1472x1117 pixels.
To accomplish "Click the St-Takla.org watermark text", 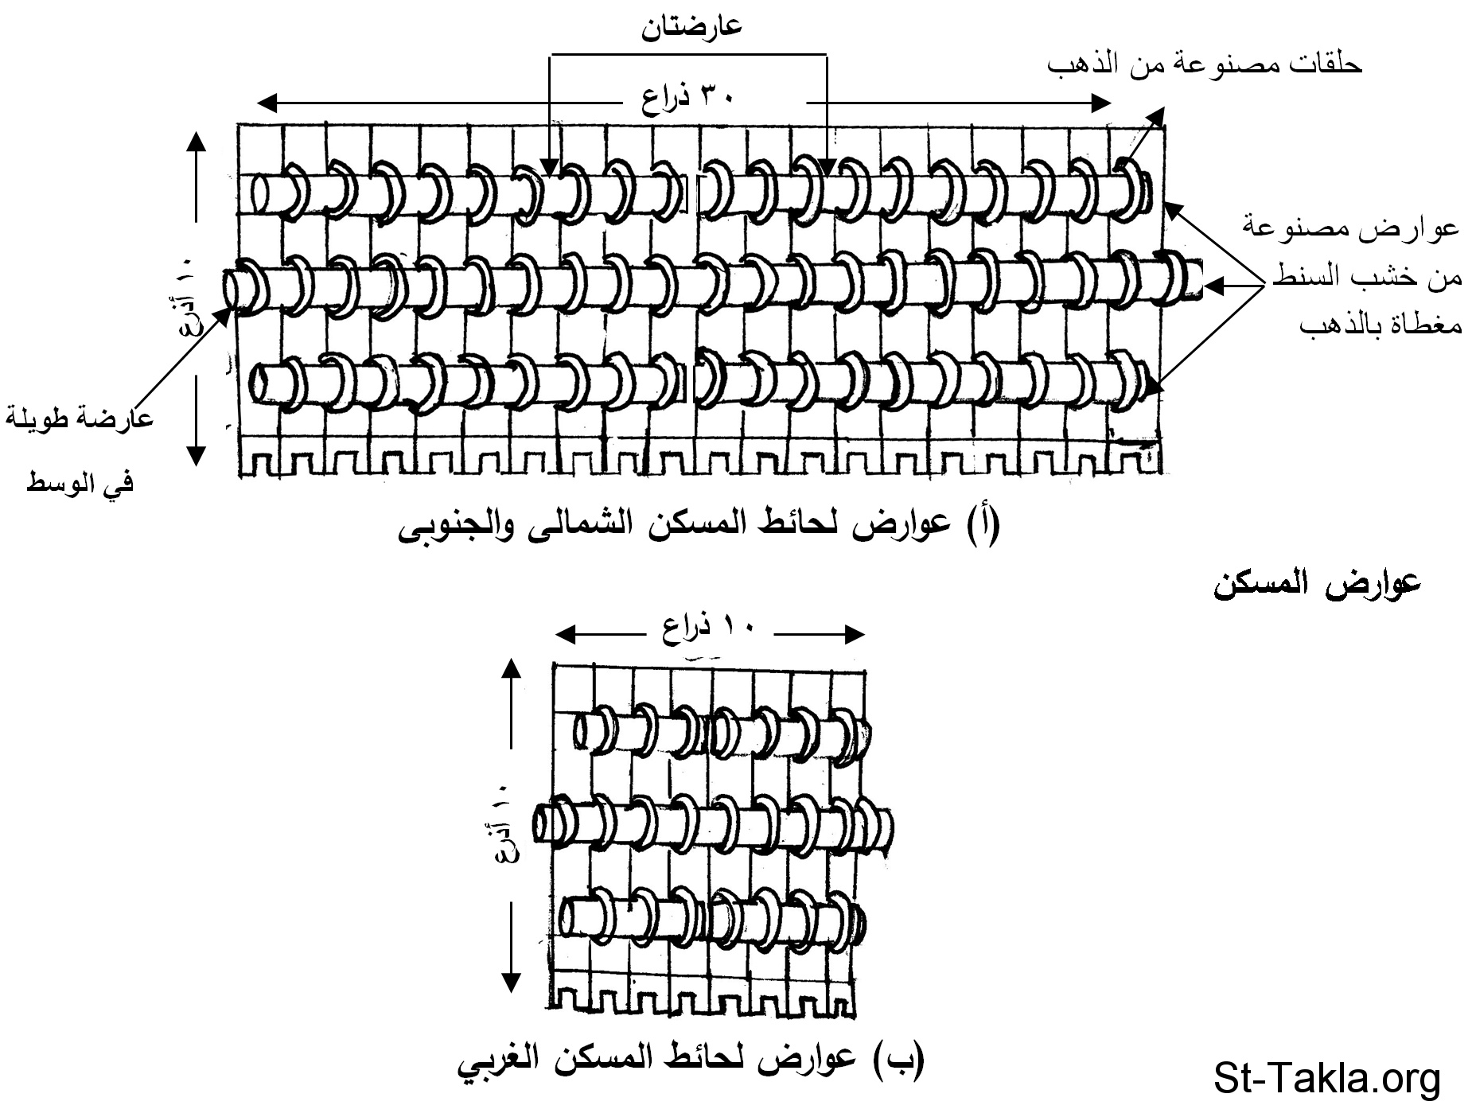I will pos(1326,1079).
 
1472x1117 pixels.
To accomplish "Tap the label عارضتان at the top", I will pos(691,25).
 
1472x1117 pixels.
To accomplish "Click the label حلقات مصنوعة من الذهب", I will pos(1204,64).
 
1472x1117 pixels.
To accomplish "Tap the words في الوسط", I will pos(80,482).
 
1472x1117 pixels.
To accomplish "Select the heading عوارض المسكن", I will pos(1316,585).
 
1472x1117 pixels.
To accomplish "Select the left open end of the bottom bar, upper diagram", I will pos(259,384).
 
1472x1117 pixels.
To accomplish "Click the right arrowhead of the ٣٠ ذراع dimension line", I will pos(1103,103).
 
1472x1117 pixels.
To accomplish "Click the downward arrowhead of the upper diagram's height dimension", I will pos(196,457).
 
